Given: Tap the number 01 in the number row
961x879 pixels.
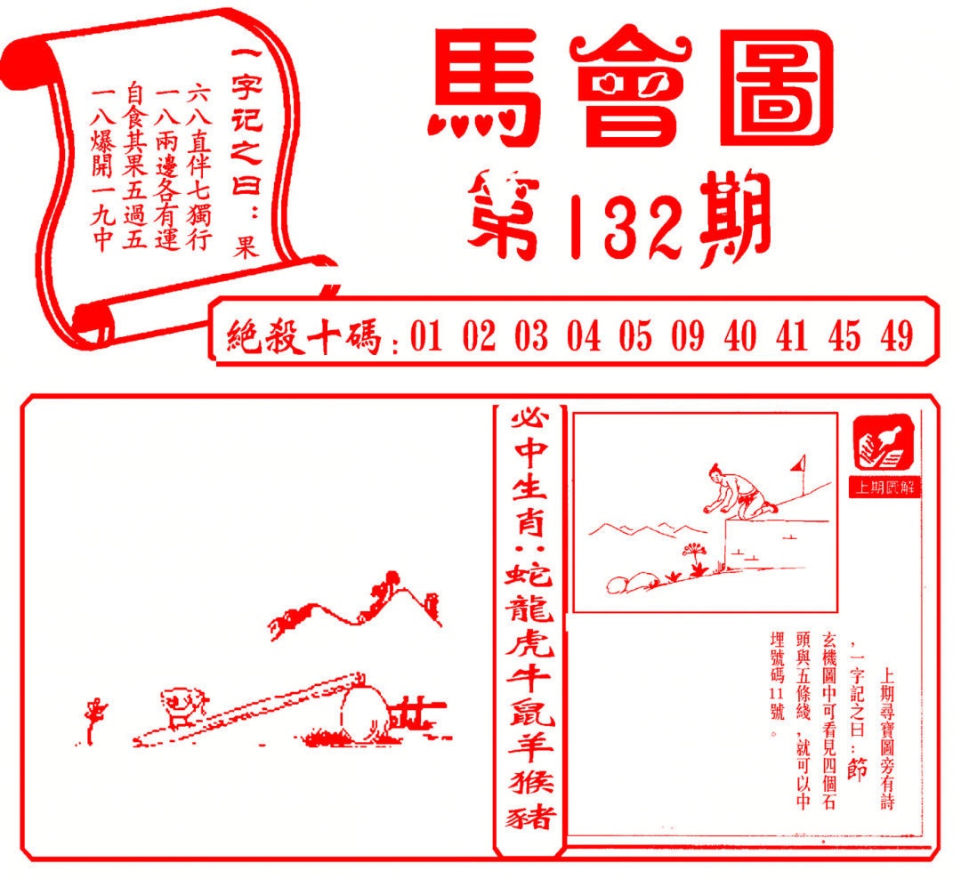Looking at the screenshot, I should [x=426, y=338].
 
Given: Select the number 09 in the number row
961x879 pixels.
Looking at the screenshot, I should [x=687, y=338].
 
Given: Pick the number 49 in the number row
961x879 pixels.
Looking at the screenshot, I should [x=897, y=338].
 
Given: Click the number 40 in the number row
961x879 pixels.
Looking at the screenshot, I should [x=740, y=338].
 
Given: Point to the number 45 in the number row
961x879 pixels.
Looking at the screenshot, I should [x=844, y=338].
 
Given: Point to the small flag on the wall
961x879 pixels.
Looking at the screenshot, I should [x=799, y=464].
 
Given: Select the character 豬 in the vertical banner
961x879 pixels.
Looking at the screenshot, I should [x=529, y=817].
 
